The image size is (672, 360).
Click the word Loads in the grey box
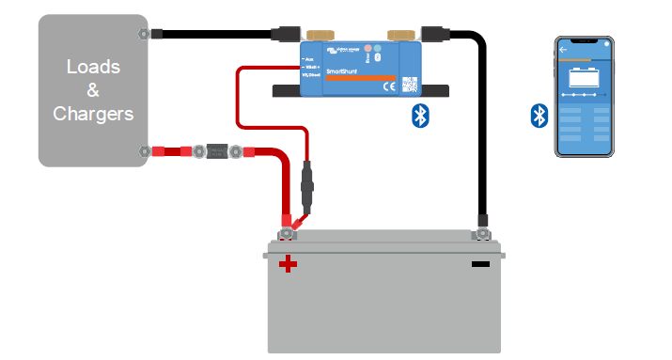click(93, 68)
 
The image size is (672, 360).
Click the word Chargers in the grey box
click(93, 114)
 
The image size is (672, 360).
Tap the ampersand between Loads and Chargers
click(93, 91)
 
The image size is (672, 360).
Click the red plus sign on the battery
click(289, 264)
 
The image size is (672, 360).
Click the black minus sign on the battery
click(480, 264)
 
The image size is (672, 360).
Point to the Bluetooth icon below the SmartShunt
click(422, 116)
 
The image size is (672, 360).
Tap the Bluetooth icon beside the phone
click(539, 116)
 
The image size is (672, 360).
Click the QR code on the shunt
click(409, 83)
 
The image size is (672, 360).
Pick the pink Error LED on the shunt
click(368, 48)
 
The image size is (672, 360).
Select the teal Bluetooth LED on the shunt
click(380, 48)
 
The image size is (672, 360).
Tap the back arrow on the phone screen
click(564, 49)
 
